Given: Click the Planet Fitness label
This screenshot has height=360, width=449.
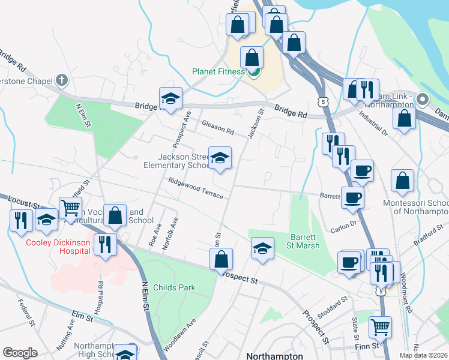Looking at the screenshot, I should [x=218, y=71].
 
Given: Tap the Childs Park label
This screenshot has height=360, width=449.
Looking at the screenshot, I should [x=173, y=287].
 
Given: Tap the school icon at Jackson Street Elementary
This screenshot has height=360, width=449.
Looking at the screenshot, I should [x=220, y=158].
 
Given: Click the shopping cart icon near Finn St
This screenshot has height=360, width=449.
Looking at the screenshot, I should [x=380, y=328].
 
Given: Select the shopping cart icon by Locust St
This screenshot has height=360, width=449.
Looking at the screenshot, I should [x=71, y=208].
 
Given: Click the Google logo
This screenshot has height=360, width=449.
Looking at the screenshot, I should [x=20, y=352].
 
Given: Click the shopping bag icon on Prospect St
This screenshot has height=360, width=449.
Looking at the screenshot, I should [x=221, y=259].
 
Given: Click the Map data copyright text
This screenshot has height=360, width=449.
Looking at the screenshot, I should [x=423, y=355].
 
